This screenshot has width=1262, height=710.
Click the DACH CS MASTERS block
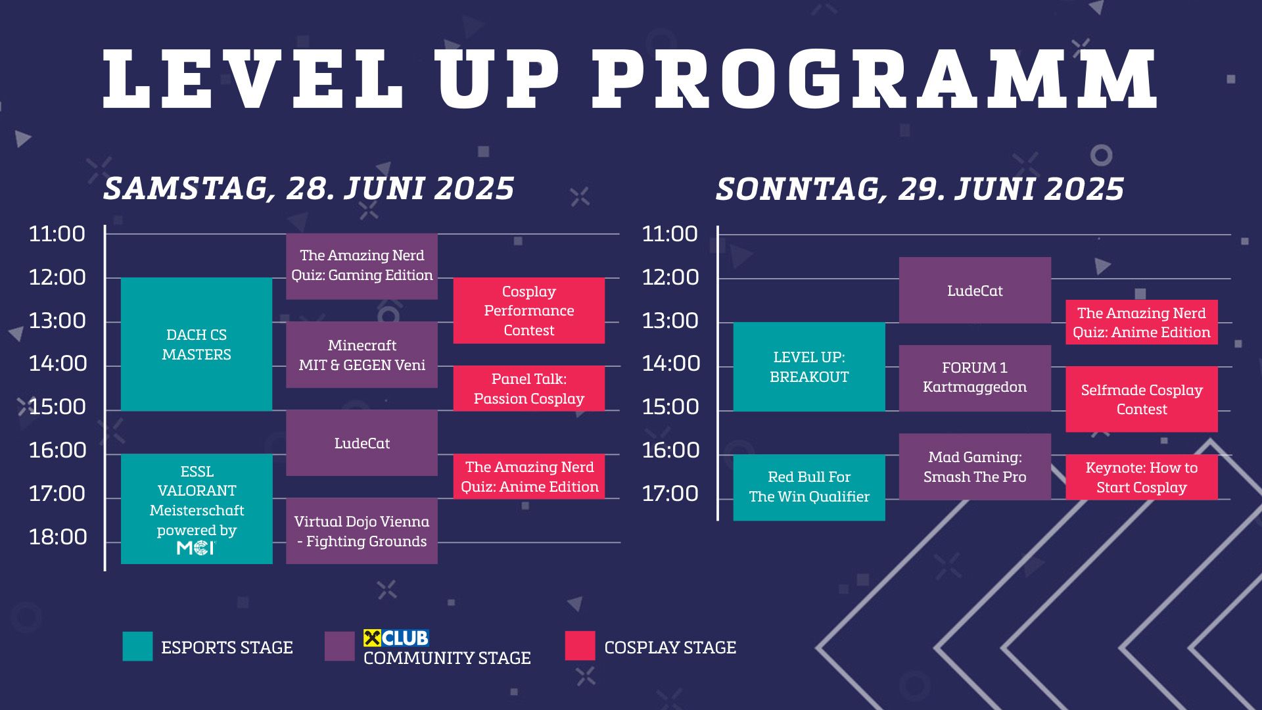tap(196, 344)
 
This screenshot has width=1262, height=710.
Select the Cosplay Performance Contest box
tap(528, 310)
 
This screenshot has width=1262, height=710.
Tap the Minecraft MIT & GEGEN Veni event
tap(362, 354)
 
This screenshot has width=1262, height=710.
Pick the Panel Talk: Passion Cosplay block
tap(528, 389)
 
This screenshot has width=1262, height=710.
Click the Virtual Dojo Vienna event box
tap(362, 531)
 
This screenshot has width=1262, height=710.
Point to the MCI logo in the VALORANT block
tap(196, 548)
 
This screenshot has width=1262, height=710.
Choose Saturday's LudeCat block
tap(362, 443)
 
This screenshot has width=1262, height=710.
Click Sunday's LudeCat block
tap(974, 290)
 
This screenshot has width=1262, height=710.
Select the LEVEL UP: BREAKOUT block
tap(809, 367)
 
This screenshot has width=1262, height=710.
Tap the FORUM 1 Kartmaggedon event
tap(974, 377)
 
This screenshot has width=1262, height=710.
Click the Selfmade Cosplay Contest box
tap(1141, 399)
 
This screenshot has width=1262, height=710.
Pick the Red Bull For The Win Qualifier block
tap(809, 486)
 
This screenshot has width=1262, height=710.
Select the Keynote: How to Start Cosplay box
tap(1141, 477)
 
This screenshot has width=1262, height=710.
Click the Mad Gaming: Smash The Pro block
tap(974, 467)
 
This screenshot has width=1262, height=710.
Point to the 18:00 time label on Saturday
tap(58, 537)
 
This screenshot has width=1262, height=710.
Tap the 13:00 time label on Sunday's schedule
tap(670, 321)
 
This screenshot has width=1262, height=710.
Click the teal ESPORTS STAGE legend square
tap(137, 646)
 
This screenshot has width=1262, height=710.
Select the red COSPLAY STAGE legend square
tap(580, 646)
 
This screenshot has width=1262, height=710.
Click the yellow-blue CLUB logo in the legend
tap(396, 638)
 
